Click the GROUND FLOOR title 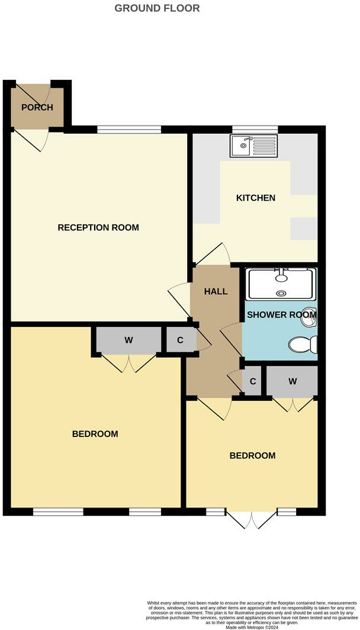(x=157, y=8)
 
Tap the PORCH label (x=37, y=107)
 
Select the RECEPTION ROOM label (x=98, y=227)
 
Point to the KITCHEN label (x=256, y=198)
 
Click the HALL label (x=216, y=291)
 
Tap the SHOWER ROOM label (x=281, y=314)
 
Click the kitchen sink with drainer (x=254, y=144)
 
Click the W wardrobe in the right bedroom (x=292, y=381)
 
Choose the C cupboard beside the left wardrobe (x=179, y=340)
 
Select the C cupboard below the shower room (x=253, y=381)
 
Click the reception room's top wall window (x=129, y=128)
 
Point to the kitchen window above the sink (x=255, y=128)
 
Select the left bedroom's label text (x=95, y=434)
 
